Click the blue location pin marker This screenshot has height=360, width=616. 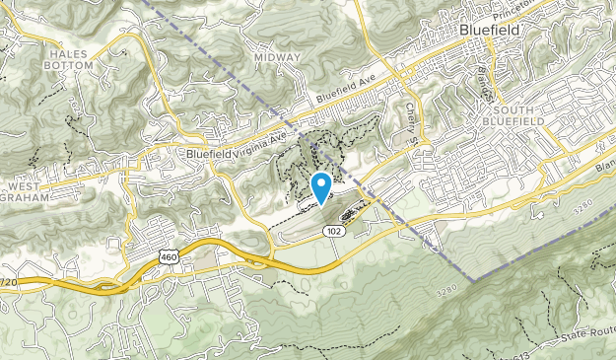pos(321,186)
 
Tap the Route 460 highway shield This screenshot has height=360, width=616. pos(167,256)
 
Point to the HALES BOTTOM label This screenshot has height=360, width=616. pos(69,59)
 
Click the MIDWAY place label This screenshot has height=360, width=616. pos(277,57)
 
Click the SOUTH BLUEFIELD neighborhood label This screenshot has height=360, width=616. pos(519,114)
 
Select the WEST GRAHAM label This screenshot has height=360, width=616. pos(33,192)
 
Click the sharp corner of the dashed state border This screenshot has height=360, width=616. pos(474,281)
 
